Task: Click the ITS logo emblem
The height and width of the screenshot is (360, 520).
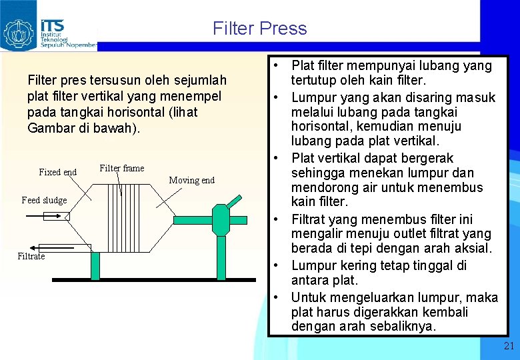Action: coord(19,32)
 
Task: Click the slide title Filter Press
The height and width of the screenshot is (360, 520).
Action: coord(260,29)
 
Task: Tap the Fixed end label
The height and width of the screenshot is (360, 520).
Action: coord(58,172)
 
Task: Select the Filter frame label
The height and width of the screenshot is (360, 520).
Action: coord(121,168)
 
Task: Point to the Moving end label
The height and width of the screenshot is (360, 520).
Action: coord(192,180)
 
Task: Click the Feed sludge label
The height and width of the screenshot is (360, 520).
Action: coord(44,200)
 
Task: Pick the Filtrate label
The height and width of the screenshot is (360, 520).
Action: coord(31,256)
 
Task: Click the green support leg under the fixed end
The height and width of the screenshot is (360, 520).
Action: coord(95,265)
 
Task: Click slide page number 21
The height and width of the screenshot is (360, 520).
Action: coord(509,345)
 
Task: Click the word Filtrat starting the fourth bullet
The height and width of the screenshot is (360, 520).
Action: coord(311,219)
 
